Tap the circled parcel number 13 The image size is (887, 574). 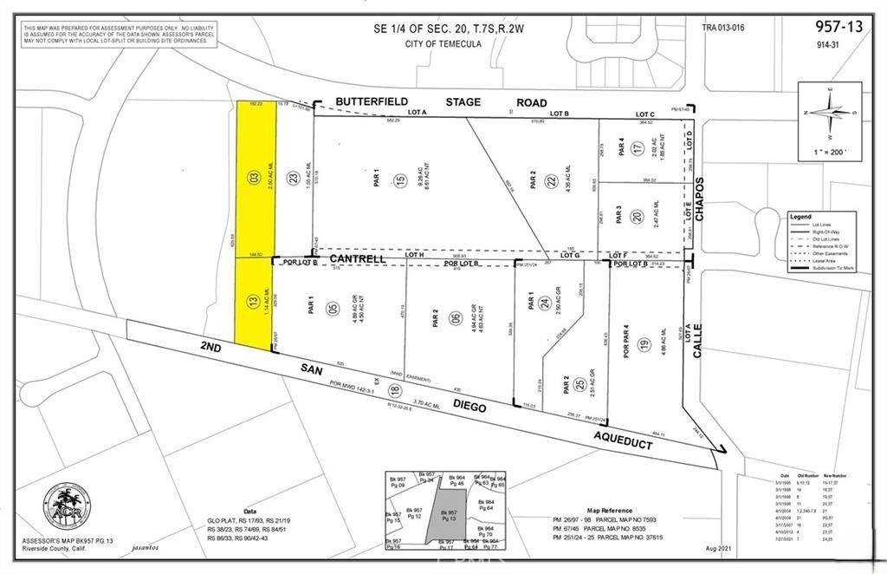[x=254, y=303]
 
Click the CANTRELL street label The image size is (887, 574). [x=358, y=259]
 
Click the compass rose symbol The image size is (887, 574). [x=829, y=113]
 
